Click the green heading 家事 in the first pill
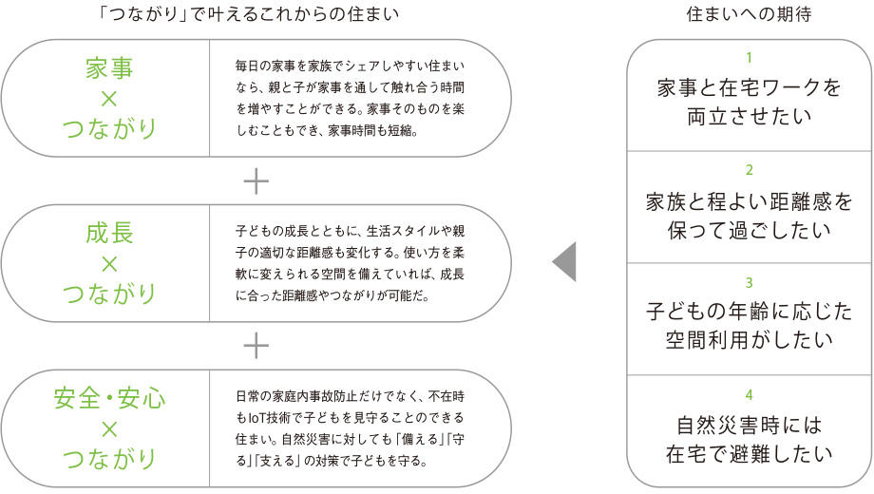pyautogui.click(x=109, y=68)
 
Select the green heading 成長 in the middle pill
pyautogui.click(x=109, y=233)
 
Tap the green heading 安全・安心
pyautogui.click(x=109, y=398)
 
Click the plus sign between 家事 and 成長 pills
pyautogui.click(x=256, y=181)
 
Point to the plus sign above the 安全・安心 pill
pyautogui.click(x=256, y=346)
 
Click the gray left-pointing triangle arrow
pyautogui.click(x=564, y=261)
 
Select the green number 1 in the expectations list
pyautogui.click(x=750, y=57)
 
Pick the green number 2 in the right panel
pyautogui.click(x=750, y=170)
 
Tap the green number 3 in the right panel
pyautogui.click(x=750, y=283)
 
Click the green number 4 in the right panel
pyautogui.click(x=750, y=395)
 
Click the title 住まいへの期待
pyautogui.click(x=750, y=14)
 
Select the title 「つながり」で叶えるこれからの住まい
pyautogui.click(x=248, y=14)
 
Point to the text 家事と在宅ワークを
pyautogui.click(x=750, y=87)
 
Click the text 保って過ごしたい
pyautogui.click(x=750, y=230)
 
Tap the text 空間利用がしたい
pyautogui.click(x=750, y=339)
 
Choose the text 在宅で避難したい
pyautogui.click(x=750, y=453)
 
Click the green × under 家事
pyautogui.click(x=109, y=99)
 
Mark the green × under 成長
pyautogui.click(x=109, y=264)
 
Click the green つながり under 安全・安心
pyautogui.click(x=109, y=458)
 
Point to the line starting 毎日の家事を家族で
pyautogui.click(x=350, y=66)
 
